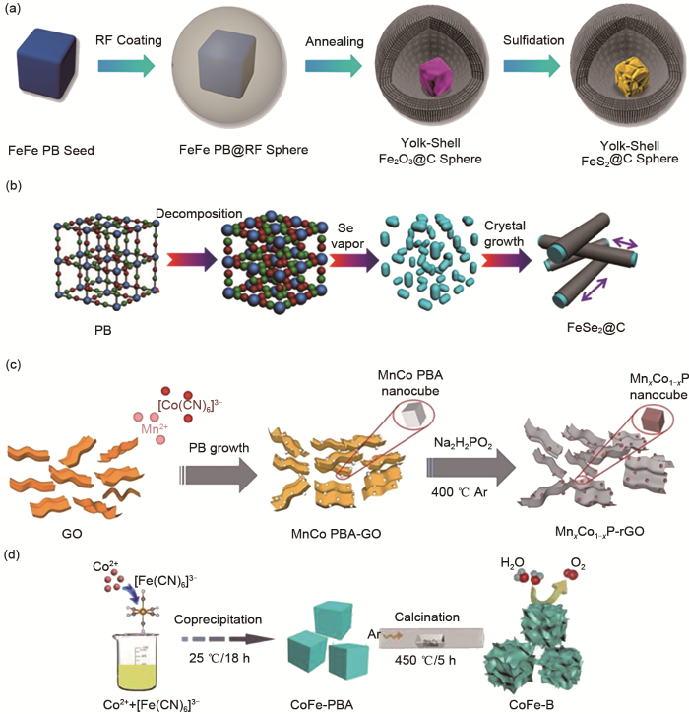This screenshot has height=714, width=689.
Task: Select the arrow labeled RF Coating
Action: [126, 67]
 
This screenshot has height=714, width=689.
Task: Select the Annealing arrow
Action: [336, 67]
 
